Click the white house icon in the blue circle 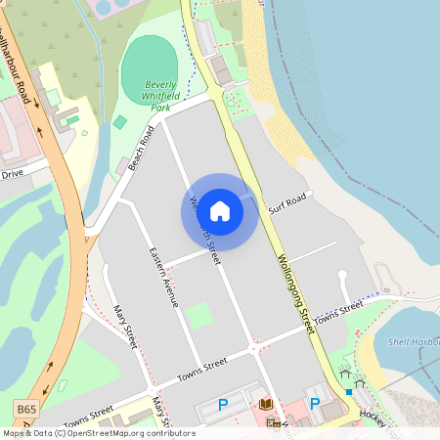[220, 210]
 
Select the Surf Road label [288, 202]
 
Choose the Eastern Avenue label [163, 277]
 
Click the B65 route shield [26, 404]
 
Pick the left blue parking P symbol [223, 404]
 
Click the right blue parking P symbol [315, 403]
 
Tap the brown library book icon [265, 403]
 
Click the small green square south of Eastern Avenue [199, 315]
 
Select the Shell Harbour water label [413, 341]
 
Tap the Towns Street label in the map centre [201, 370]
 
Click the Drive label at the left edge [12, 174]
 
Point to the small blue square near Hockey [349, 392]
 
